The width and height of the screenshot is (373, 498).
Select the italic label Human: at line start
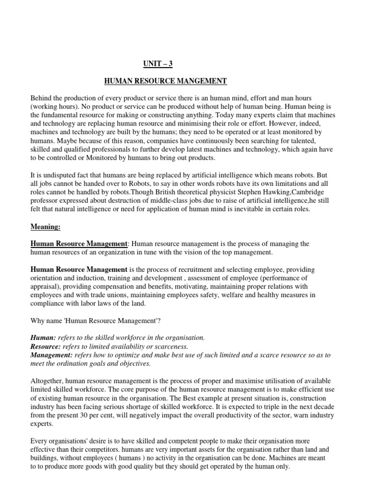coord(43,337)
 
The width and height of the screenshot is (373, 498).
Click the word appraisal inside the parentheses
coord(46,286)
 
